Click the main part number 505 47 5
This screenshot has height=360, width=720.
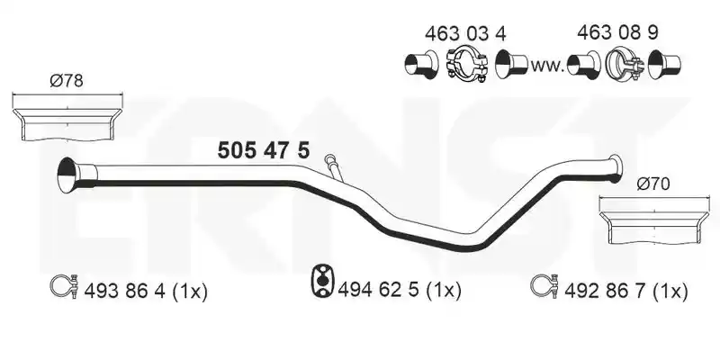(264, 150)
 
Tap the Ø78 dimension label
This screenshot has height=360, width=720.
(67, 81)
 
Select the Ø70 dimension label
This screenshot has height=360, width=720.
(653, 184)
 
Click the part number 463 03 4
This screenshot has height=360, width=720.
(465, 33)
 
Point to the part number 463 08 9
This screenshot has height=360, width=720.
(617, 32)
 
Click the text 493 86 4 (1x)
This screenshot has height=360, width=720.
(146, 291)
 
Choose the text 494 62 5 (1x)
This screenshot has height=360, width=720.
(399, 290)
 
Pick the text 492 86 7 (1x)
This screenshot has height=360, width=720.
(625, 291)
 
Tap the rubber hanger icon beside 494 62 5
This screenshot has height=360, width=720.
(323, 280)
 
